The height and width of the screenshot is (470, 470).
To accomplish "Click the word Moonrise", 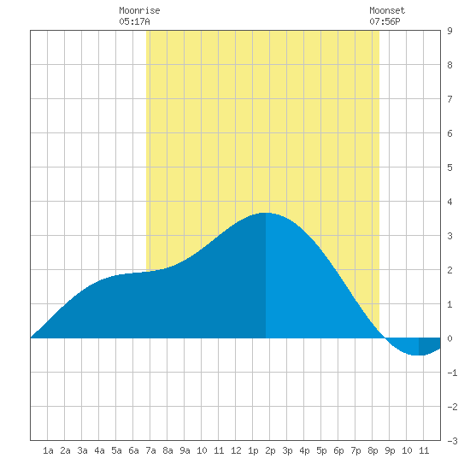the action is tap(139, 10).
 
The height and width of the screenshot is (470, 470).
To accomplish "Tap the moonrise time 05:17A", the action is tap(134, 21).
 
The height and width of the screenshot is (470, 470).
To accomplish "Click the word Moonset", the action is tap(387, 10).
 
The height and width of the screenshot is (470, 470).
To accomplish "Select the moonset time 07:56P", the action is tap(385, 21).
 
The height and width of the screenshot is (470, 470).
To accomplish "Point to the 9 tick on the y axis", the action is tap(449, 31).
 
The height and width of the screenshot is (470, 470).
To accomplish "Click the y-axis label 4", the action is tap(449, 202).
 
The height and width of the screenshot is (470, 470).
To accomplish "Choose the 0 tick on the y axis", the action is tap(449, 338).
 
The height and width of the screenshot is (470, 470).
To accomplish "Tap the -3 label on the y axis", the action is tap(452, 441).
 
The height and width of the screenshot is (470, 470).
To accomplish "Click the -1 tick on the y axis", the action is tap(452, 373).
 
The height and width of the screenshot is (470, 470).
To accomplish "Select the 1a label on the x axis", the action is tap(48, 450).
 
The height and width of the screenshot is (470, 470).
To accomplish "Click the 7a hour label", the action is tap(150, 450).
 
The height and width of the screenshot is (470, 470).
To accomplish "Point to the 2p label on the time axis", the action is tap(270, 450).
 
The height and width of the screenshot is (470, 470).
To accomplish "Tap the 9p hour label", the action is tap(390, 450).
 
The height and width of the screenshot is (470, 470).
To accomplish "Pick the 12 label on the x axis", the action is tap(236, 450).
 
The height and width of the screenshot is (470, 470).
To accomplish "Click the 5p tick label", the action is tap(321, 450).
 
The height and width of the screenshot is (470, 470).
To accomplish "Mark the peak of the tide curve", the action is tap(266, 213).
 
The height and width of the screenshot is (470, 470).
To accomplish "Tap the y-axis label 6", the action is tap(449, 133).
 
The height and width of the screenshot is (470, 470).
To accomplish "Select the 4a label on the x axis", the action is tap(99, 450).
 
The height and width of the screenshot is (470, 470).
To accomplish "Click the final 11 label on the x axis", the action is tap(424, 450).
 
